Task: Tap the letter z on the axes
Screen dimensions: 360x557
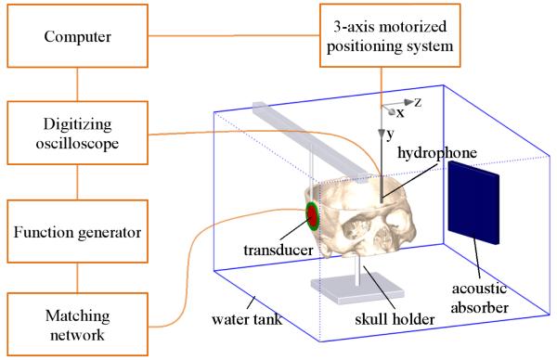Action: click(418, 103)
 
